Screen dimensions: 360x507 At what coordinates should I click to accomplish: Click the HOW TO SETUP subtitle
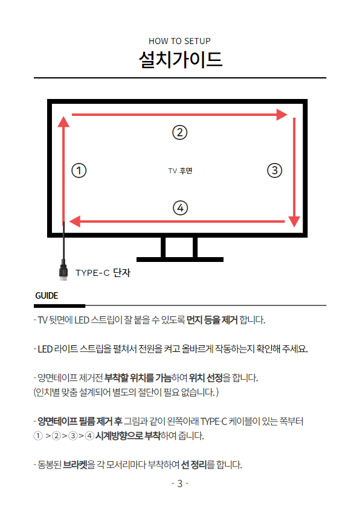point(179,42)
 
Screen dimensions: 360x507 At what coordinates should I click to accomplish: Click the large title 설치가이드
point(181,60)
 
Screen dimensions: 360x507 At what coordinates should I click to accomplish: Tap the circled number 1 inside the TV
point(79,170)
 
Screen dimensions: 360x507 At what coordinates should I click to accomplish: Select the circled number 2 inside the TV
point(180,132)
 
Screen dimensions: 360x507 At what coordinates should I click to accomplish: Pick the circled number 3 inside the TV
point(275,170)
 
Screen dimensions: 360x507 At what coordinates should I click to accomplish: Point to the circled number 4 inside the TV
point(180,208)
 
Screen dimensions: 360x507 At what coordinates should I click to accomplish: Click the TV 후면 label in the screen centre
point(180,171)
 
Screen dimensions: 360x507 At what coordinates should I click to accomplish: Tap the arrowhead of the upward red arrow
point(63,121)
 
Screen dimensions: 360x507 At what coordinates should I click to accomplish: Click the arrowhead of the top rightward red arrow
point(282,115)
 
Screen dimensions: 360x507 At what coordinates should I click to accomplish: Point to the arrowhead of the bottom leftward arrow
point(75,222)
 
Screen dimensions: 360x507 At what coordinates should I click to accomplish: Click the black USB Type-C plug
point(63,270)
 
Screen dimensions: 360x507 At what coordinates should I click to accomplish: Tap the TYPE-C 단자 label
point(103,273)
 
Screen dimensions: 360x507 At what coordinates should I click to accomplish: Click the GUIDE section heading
point(47,296)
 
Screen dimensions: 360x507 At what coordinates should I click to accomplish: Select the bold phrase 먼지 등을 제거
point(212,320)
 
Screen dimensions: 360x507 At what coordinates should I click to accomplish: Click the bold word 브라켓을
point(79,465)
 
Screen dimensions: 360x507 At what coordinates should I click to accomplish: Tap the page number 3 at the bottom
point(180,483)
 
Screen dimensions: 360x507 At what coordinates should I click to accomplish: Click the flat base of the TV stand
point(180,260)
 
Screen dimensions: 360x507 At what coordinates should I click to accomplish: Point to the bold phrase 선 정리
point(194,465)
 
